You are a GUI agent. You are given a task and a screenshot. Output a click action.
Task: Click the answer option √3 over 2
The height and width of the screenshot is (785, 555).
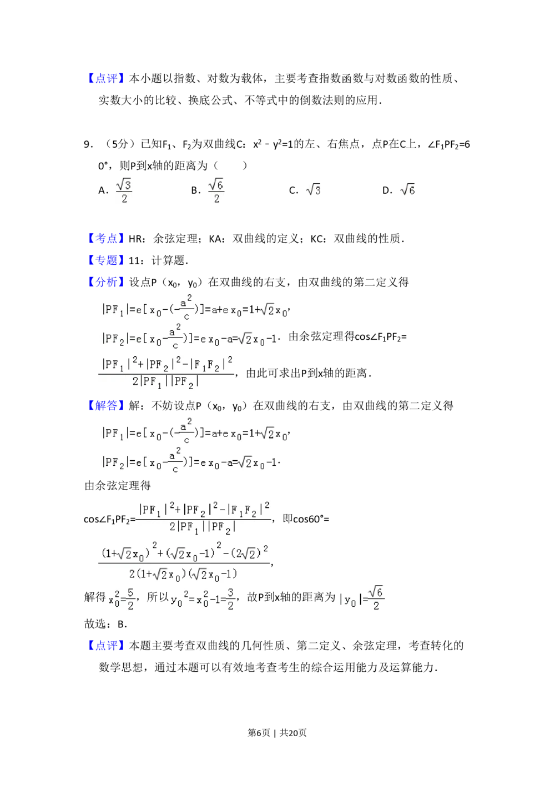pos(124,191)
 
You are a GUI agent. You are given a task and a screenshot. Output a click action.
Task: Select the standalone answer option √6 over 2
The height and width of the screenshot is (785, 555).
pos(215,191)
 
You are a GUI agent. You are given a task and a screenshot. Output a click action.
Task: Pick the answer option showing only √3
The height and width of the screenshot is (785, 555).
pos(313,190)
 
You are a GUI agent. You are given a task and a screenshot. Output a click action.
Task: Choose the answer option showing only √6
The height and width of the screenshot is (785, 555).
pos(408,190)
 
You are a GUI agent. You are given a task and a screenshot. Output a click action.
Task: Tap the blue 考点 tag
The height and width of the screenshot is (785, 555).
pos(106,238)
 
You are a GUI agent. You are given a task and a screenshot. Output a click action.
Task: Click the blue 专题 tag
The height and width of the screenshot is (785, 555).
pos(106,260)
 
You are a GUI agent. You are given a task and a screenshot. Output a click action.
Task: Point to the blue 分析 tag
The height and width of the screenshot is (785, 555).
pos(106,282)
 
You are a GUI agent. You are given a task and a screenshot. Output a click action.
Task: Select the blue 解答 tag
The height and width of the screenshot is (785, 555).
pos(106,406)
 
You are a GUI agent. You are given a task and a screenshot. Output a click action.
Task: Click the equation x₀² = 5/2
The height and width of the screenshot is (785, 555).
pos(120,599)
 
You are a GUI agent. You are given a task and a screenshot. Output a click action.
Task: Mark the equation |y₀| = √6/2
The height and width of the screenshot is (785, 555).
pos(360,598)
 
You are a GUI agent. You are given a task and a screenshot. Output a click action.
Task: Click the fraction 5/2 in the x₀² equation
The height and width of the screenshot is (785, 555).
pos(130,599)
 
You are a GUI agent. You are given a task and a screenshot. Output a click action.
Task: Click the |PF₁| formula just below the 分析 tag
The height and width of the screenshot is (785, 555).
pos(193,308)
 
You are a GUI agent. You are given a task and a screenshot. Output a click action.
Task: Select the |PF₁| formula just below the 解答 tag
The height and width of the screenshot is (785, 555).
pos(193,431)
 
